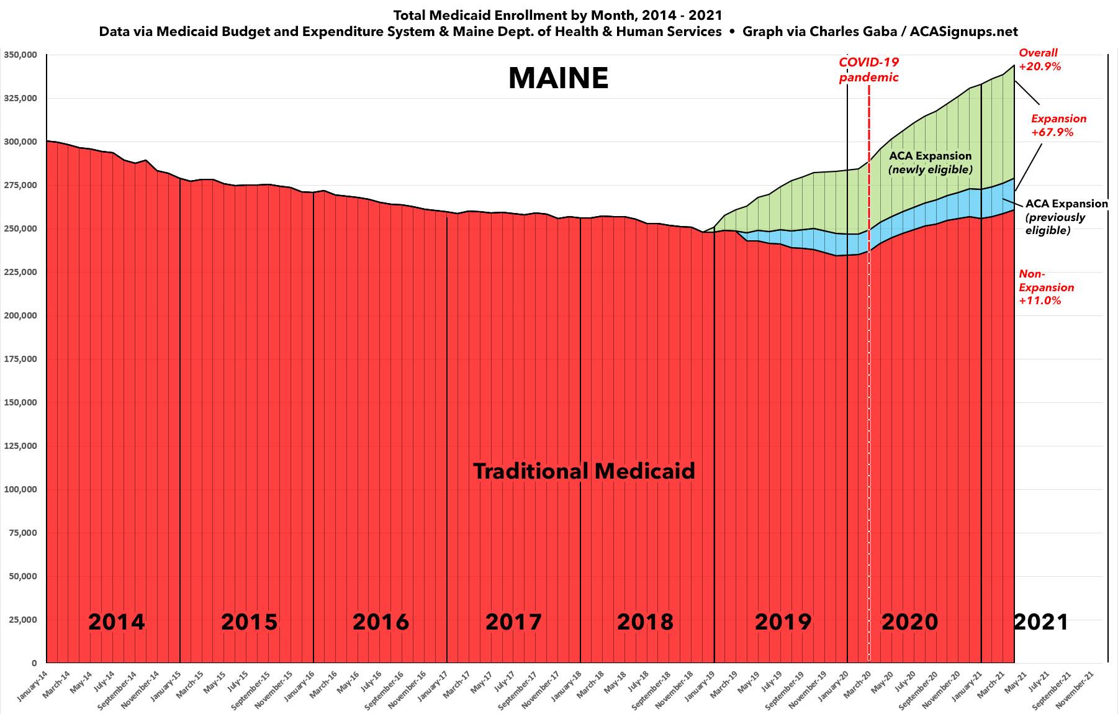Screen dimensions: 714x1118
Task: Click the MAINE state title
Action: click(x=558, y=79)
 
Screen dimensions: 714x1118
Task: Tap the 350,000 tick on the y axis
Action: click(x=20, y=55)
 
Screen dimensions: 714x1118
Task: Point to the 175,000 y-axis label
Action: click(x=20, y=359)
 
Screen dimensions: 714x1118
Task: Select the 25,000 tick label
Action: click(x=23, y=620)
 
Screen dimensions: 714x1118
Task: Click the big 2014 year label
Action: click(x=116, y=621)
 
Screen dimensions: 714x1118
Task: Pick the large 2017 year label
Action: click(x=513, y=621)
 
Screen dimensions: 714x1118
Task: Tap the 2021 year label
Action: click(x=1041, y=621)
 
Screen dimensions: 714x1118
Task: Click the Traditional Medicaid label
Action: click(x=584, y=471)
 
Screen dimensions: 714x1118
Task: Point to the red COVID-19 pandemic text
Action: click(x=868, y=70)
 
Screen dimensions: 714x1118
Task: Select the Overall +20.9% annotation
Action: click(x=1040, y=60)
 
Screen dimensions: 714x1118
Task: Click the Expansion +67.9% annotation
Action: click(x=1058, y=125)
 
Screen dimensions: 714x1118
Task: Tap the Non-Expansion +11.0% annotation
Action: click(x=1046, y=287)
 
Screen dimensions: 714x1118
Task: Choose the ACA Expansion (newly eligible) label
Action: click(x=931, y=163)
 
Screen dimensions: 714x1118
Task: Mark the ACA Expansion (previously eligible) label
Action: click(x=1065, y=217)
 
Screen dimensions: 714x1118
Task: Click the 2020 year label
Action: click(x=909, y=621)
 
